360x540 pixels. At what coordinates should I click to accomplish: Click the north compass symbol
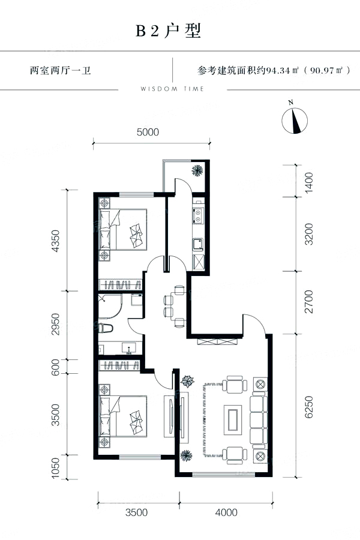coord(295,120)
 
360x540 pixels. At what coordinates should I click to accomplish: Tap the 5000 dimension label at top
coord(148,132)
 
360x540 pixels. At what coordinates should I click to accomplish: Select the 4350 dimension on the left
coord(55,241)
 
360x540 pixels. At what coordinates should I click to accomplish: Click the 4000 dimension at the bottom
coord(226,512)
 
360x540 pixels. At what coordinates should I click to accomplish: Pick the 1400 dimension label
coord(309,182)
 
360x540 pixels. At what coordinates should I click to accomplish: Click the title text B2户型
coord(169,31)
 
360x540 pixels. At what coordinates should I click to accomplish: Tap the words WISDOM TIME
coord(172,89)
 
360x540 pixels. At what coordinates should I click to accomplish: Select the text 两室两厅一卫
coord(60,71)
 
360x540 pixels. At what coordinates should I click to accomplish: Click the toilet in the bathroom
coord(106,328)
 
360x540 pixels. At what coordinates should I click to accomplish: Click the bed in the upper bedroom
coord(123,229)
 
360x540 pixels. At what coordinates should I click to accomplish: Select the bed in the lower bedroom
coord(123,416)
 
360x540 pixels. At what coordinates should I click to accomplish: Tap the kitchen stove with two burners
coord(198,215)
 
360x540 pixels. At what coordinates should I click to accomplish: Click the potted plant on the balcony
coord(197,169)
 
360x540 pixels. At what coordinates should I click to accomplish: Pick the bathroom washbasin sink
coord(129,349)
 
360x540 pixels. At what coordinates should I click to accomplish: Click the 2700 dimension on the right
coord(309,302)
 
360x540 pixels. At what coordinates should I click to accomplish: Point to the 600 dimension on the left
coord(55,367)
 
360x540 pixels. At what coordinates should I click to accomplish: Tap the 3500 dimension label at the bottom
coord(136,512)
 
